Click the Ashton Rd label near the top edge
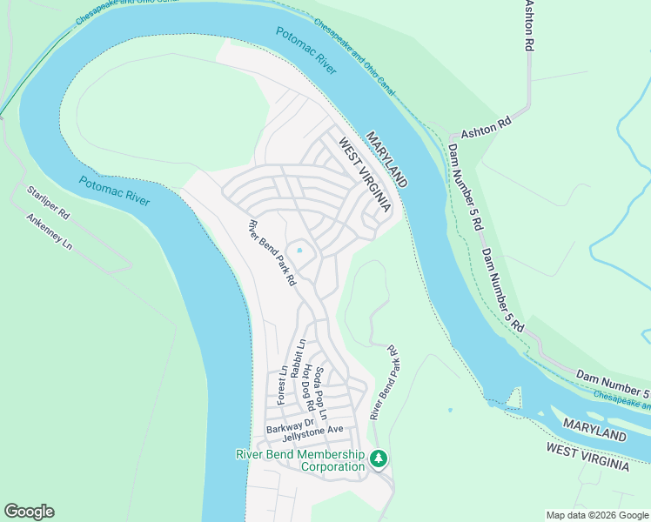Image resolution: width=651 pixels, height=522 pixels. [x=527, y=26]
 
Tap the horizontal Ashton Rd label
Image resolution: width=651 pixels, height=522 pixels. [x=486, y=128]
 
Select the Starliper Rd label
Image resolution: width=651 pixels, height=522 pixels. [x=47, y=202]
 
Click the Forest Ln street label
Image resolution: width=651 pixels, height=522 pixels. [x=282, y=385]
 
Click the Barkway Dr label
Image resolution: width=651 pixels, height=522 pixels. [x=289, y=428]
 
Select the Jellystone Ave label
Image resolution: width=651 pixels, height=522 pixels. [x=313, y=430]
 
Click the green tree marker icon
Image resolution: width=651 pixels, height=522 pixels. [x=379, y=458]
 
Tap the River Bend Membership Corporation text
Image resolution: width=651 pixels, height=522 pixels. [x=300, y=461]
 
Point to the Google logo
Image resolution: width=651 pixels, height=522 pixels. [x=29, y=512]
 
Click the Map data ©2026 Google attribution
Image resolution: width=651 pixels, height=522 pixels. [x=597, y=515]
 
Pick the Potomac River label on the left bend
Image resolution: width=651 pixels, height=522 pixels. [x=113, y=192]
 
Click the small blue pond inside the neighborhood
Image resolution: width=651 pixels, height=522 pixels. [x=299, y=251]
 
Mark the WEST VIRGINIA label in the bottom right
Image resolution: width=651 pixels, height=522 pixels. [x=587, y=456]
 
